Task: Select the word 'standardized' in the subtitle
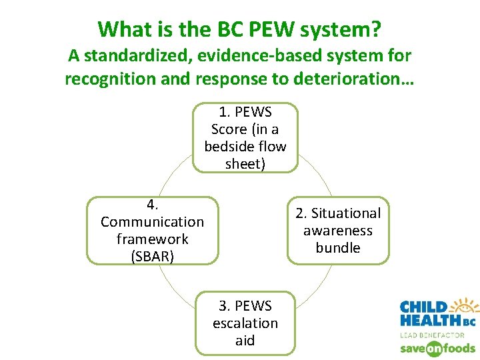pyautogui.click(x=127, y=56)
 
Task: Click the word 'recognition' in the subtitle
pyautogui.click(x=105, y=79)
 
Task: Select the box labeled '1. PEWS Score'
pyautogui.click(x=245, y=137)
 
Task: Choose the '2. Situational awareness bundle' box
pyautogui.click(x=337, y=231)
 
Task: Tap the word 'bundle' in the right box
pyautogui.click(x=337, y=248)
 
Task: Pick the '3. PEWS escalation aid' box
pyautogui.click(x=245, y=323)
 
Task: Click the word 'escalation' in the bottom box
pyautogui.click(x=245, y=323)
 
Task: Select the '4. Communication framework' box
pyautogui.click(x=152, y=230)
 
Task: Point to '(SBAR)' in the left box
pyautogui.click(x=152, y=256)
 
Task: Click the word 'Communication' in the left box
pyautogui.click(x=152, y=221)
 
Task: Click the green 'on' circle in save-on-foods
pyautogui.click(x=434, y=348)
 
